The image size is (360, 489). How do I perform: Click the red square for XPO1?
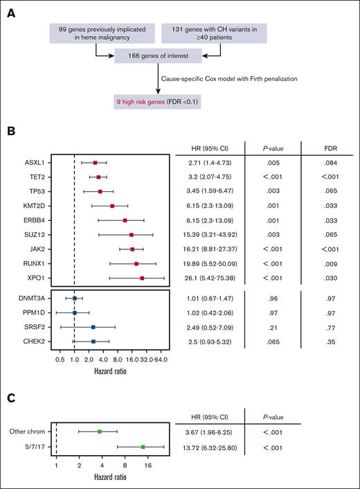click(x=142, y=278)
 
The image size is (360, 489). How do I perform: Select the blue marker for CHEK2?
click(x=93, y=341)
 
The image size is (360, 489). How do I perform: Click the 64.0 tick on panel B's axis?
click(x=160, y=360)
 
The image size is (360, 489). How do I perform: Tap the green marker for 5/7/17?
click(x=143, y=447)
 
